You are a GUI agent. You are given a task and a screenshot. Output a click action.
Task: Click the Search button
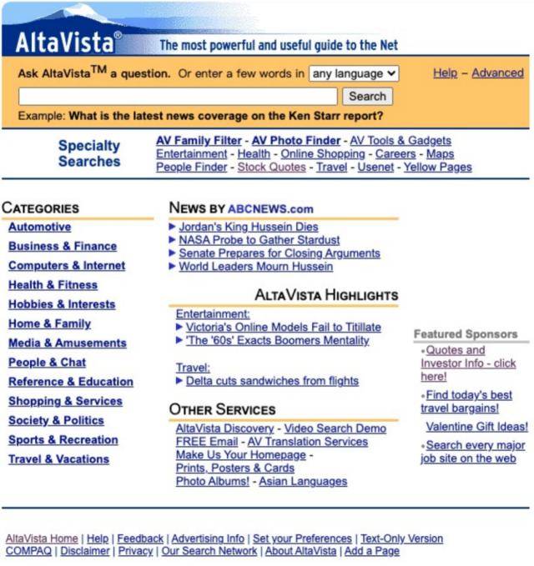click(x=367, y=97)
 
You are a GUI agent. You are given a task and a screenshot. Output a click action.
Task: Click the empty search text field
click(x=178, y=97)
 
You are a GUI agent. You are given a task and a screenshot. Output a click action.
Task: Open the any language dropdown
click(x=354, y=73)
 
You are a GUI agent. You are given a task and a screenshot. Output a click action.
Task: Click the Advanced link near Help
click(x=497, y=73)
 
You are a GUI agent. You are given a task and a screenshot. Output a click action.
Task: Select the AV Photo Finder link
click(x=296, y=141)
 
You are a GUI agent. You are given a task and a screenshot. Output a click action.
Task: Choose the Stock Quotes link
click(x=273, y=167)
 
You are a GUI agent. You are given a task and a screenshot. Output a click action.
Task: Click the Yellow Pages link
click(x=438, y=167)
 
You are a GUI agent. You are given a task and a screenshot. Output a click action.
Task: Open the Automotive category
click(x=39, y=227)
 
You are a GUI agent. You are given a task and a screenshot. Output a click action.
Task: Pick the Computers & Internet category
click(x=67, y=265)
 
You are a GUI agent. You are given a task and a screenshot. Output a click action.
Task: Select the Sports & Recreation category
click(x=63, y=439)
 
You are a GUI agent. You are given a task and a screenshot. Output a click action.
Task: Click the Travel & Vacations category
click(x=58, y=458)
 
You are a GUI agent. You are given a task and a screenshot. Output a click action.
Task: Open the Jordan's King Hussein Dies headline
click(x=249, y=227)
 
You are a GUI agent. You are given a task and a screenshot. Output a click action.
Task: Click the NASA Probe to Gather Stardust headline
click(x=259, y=240)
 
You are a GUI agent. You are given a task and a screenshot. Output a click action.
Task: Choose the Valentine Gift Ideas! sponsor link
click(x=476, y=427)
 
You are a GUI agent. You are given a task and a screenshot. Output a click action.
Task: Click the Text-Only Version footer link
click(x=401, y=538)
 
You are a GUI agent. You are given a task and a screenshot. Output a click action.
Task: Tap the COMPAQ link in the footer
click(x=28, y=551)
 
